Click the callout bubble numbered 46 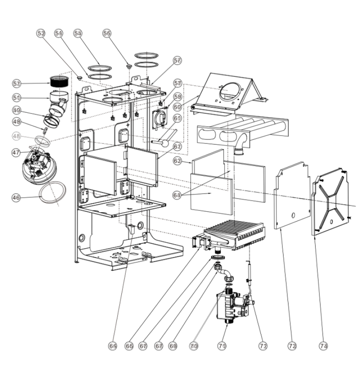[x=16, y=198]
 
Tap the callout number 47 [x=16, y=152]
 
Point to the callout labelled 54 [x=59, y=33]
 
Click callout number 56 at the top [x=107, y=33]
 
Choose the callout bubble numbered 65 [x=113, y=346]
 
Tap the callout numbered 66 [x=129, y=346]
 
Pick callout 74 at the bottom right [x=323, y=346]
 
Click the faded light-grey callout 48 [x=16, y=136]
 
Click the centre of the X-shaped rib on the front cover [x=336, y=199]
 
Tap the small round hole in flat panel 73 [x=294, y=216]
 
